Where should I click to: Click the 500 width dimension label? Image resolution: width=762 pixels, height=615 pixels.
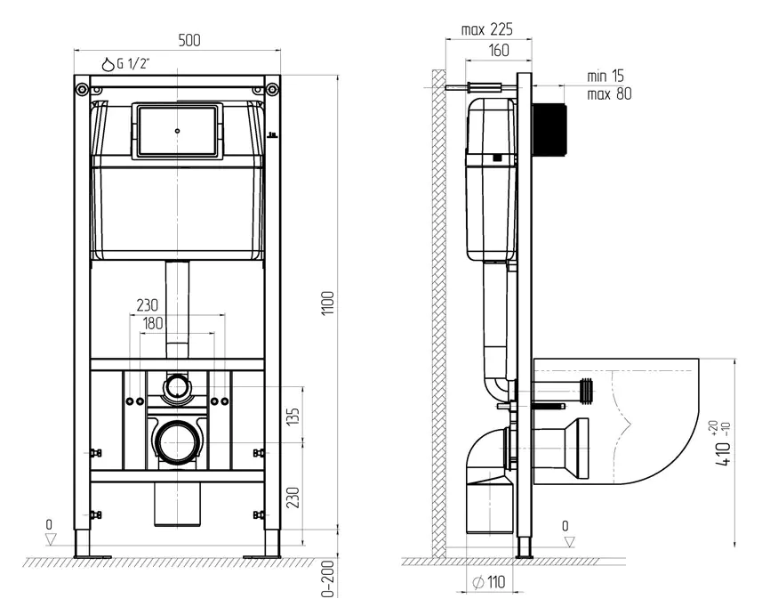pos(189,40)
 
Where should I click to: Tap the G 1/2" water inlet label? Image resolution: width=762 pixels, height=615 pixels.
pos(125,64)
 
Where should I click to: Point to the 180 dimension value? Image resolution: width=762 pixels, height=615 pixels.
pos(153,323)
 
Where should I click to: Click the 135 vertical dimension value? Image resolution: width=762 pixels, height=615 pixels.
pos(293,417)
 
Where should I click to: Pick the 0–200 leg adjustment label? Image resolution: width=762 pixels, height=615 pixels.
pos(330,579)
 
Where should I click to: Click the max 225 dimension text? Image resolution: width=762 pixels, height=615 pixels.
pos(486,29)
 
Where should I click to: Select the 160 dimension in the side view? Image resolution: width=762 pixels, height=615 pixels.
pos(499,50)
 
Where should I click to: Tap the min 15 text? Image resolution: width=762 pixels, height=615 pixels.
pos(606,76)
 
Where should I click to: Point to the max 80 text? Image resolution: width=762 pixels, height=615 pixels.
pos(609,93)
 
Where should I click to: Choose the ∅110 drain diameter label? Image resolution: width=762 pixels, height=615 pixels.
pos(489,582)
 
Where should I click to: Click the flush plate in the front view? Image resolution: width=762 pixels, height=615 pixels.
pos(177,131)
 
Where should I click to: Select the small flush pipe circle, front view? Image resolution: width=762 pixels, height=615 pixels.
pos(177,387)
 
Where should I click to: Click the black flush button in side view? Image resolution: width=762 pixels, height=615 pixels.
pos(549,130)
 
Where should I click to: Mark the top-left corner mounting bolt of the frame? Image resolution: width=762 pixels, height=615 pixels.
pos(81,89)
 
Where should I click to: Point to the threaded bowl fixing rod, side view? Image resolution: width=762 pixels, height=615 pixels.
pos(549,406)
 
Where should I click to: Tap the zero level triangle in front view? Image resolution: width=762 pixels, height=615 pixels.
pos(50,539)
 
